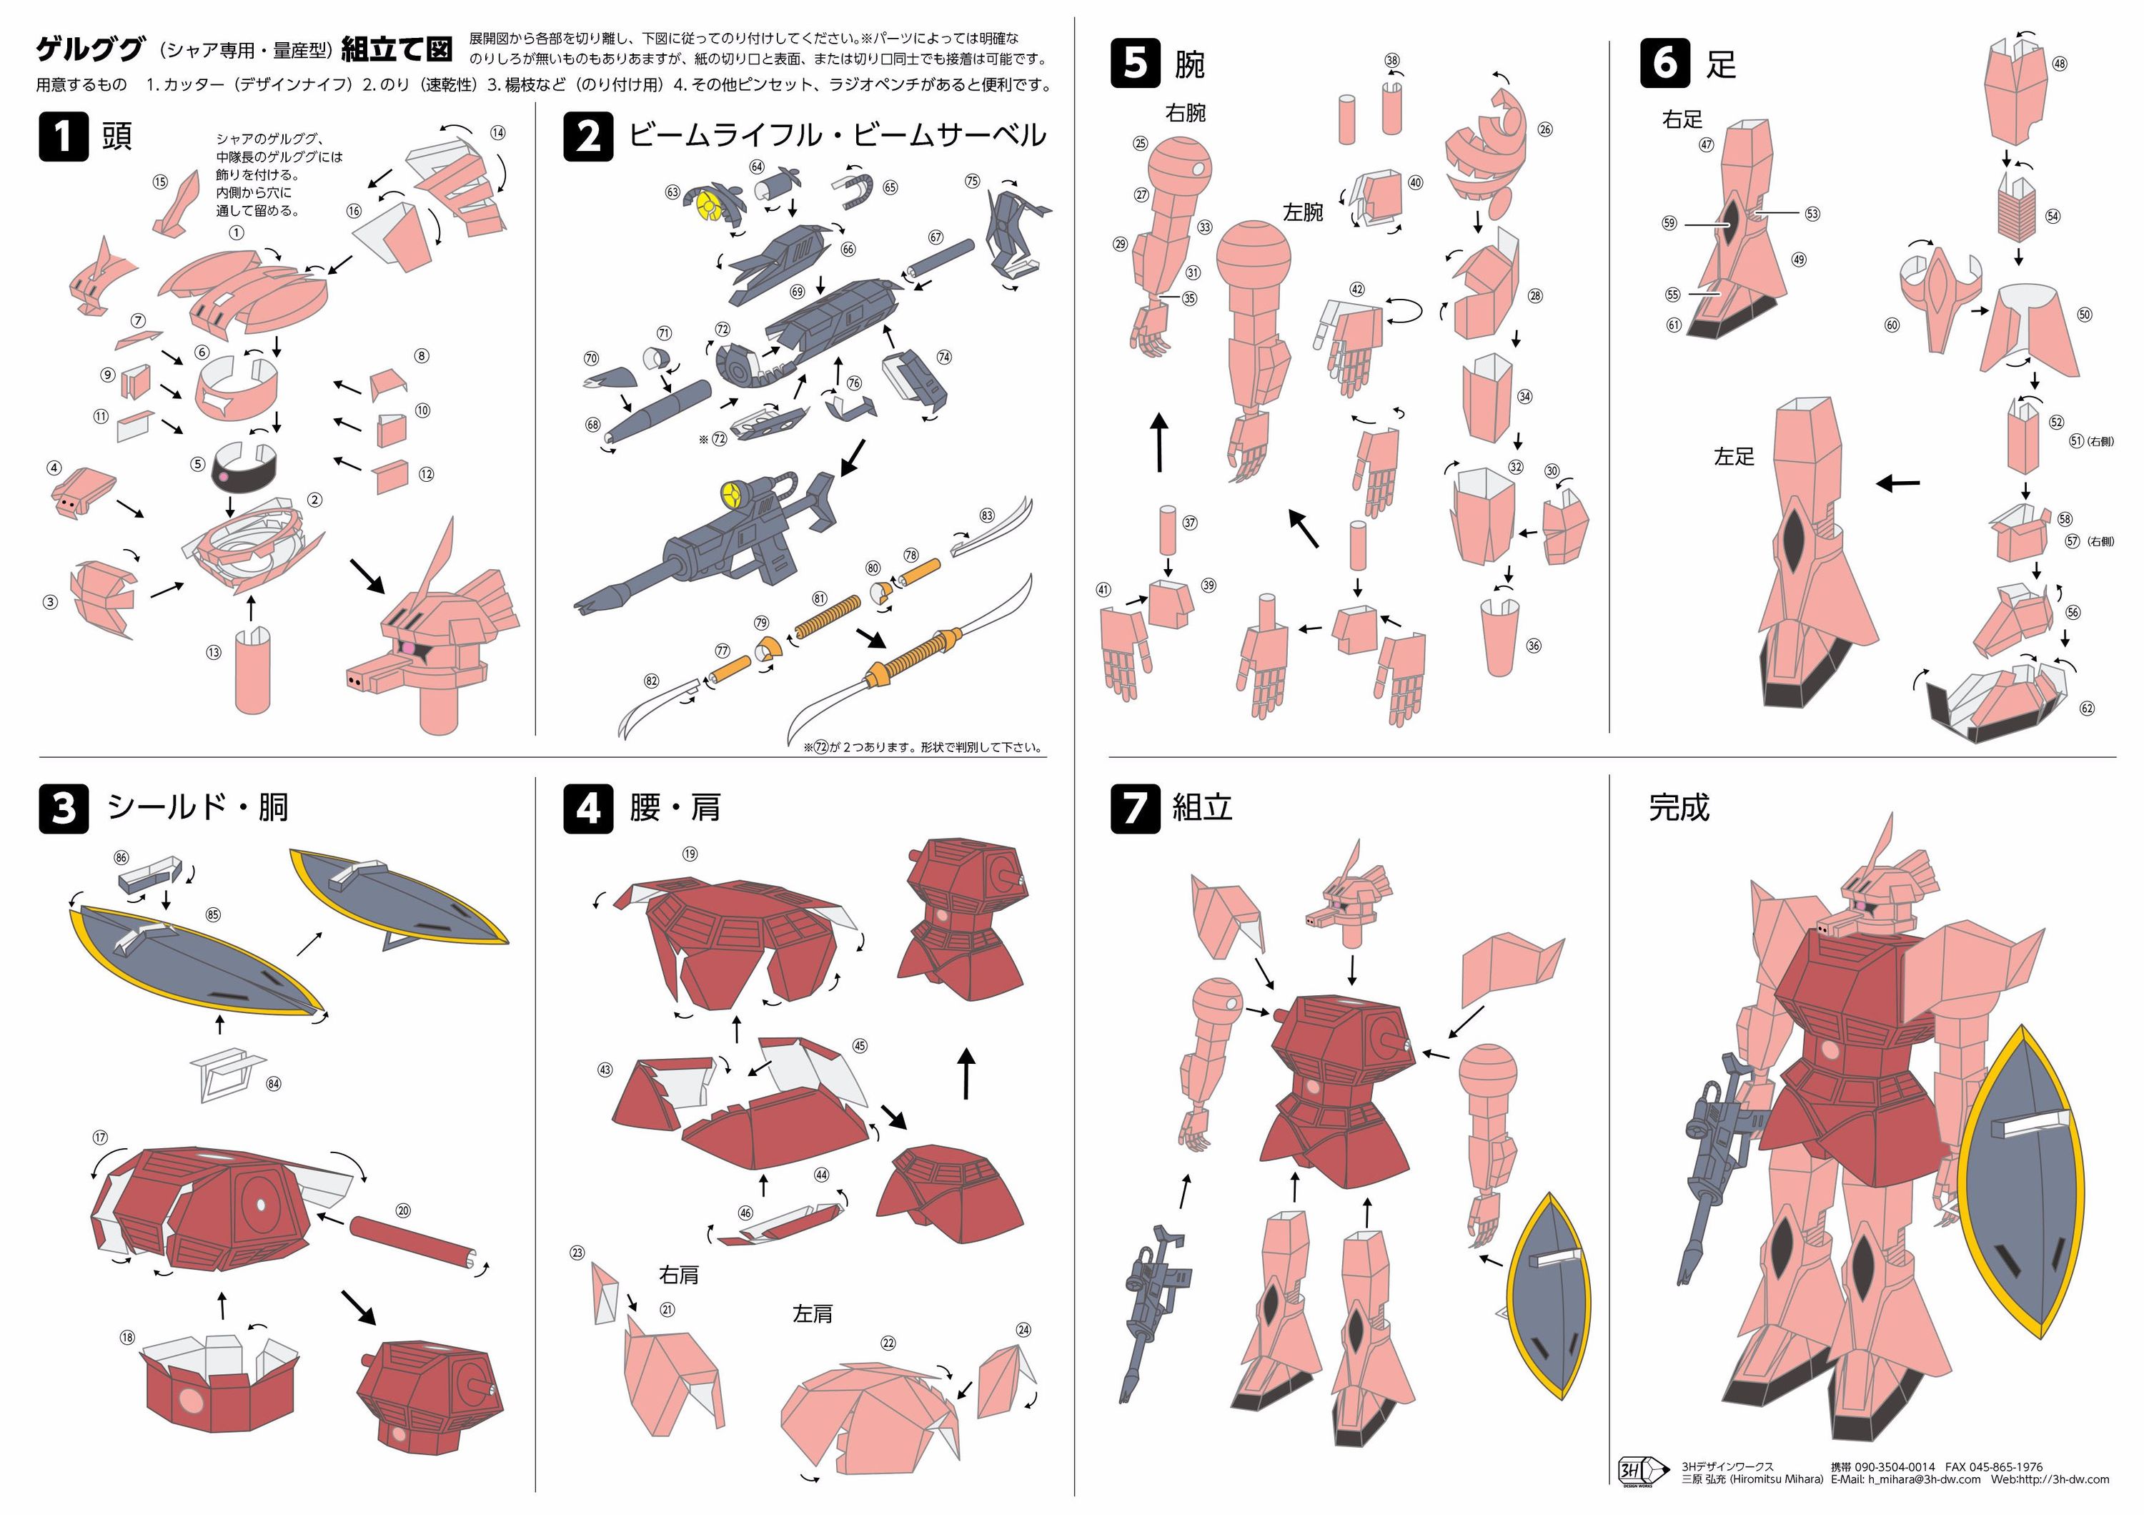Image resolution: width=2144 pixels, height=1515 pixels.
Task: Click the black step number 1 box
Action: pos(64,137)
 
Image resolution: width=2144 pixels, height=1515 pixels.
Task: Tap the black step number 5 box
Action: pos(1136,64)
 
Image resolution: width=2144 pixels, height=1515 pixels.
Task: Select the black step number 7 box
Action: pos(1136,808)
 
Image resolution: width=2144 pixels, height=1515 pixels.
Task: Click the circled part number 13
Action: pos(214,653)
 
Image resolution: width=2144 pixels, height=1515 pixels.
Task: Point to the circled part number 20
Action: pos(403,1210)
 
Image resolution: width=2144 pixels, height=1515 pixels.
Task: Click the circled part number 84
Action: pos(274,1083)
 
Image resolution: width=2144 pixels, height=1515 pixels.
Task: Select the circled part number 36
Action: pos(1533,646)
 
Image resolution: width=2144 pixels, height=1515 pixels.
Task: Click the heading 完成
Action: pos(1678,807)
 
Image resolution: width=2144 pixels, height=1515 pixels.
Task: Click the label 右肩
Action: pos(679,1274)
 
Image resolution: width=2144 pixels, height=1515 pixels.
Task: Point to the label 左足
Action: pos(1733,456)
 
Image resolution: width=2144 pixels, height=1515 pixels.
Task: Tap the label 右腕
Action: pos(1186,113)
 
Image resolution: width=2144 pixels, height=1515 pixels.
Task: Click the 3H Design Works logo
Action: pos(1644,1471)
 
